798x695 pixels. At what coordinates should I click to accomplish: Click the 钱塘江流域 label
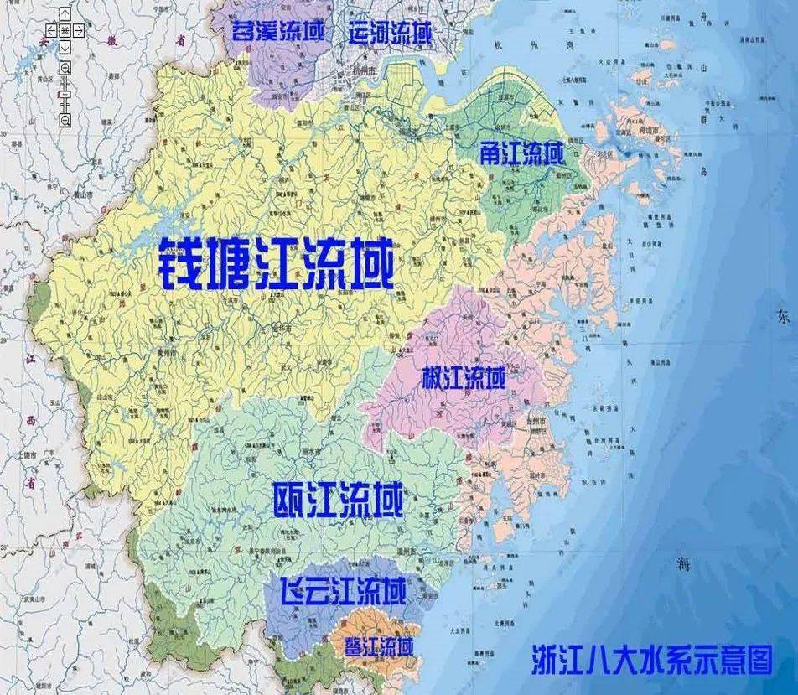pos(276,262)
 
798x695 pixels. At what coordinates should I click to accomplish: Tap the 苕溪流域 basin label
pos(277,33)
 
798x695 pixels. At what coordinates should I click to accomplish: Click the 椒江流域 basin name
pos(464,378)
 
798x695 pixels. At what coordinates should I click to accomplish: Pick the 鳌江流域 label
pos(379,646)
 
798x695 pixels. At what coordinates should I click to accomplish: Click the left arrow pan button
pos(52,31)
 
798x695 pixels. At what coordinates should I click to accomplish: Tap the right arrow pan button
pos(77,31)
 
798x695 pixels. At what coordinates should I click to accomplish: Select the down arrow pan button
pos(65,44)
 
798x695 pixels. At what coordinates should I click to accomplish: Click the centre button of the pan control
pos(65,31)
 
